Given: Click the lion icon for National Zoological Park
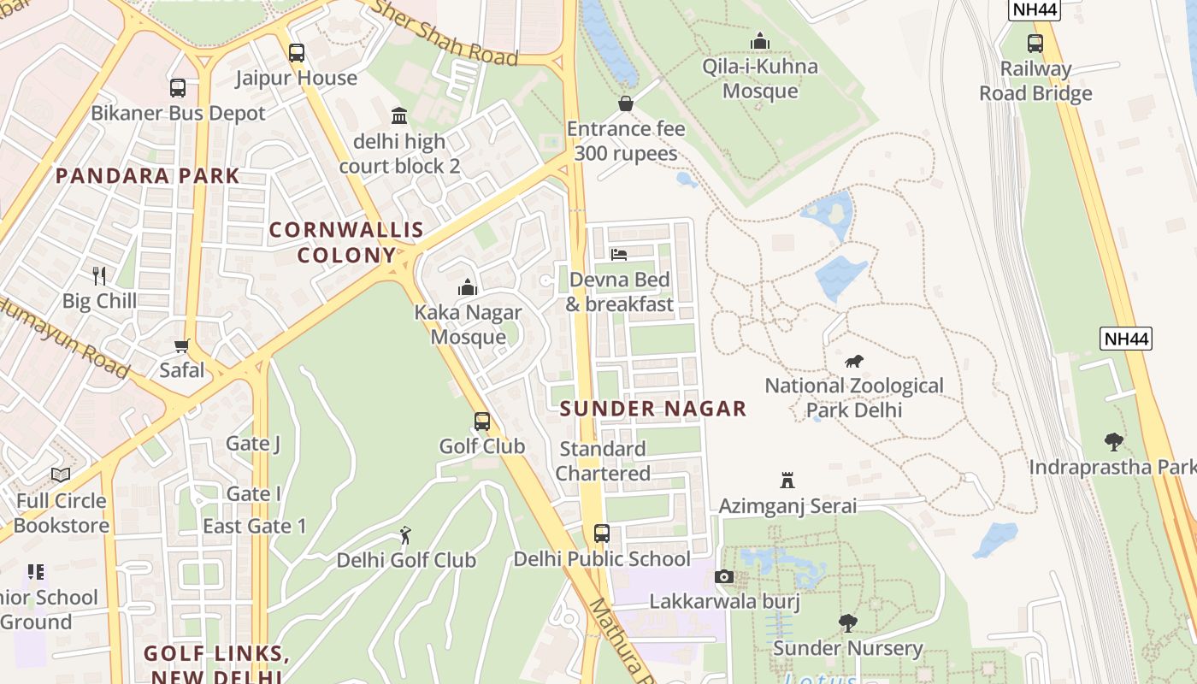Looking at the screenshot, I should coord(853,361).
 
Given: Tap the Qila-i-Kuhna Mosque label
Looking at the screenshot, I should coord(759,78).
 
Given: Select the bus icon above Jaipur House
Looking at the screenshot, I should coord(297,53).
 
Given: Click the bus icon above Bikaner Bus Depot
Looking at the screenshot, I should coord(178,88).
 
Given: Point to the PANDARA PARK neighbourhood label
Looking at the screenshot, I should coord(148,176).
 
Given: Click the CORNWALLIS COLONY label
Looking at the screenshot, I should coord(347,242).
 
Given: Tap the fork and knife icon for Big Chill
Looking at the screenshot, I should coord(99,275).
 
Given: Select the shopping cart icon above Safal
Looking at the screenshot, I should coord(181,346).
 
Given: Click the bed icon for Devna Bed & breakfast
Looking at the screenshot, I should coord(619,255).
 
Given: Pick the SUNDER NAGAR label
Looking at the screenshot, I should coord(653,409).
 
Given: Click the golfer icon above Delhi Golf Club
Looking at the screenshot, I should coord(405,535).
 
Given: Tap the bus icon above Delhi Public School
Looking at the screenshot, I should coord(602,534).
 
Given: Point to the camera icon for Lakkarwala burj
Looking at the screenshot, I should coord(724,577).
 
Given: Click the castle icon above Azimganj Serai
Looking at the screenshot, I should coord(787,481).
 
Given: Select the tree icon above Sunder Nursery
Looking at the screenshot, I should coord(847,623).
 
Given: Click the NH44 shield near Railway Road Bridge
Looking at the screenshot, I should coord(1035,9).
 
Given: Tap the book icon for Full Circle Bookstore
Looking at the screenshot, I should coord(60,475).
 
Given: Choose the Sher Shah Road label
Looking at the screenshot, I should coord(448,34).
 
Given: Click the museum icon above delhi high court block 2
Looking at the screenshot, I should coord(399,115).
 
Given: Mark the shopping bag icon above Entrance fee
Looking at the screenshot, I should coord(626,103).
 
